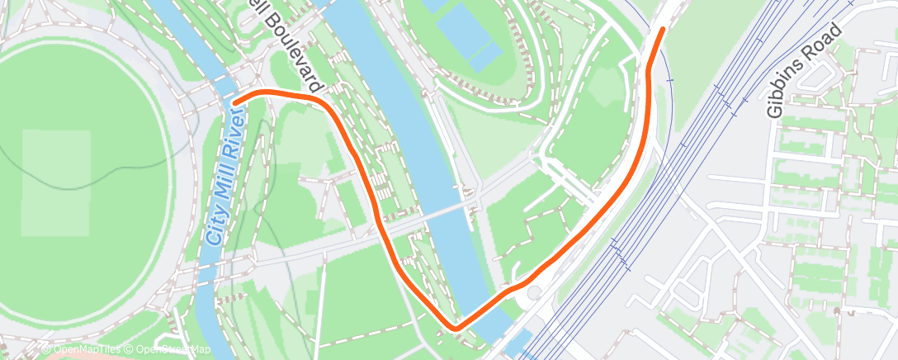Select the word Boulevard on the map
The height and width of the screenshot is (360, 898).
tap(292, 51)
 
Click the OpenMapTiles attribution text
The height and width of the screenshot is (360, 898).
tap(85, 350)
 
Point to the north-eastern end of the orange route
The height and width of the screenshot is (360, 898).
tap(663, 30)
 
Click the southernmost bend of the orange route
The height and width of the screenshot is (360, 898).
tap(455, 329)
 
